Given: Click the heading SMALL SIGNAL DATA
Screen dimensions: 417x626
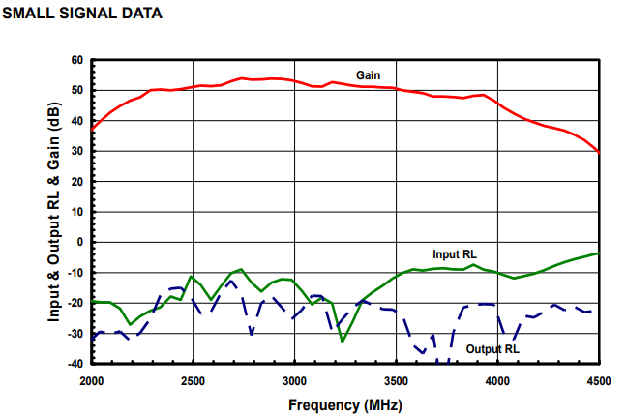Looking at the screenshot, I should point(82,14).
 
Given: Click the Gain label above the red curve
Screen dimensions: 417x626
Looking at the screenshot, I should point(368,74).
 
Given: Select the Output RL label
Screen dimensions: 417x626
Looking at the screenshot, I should point(492,348).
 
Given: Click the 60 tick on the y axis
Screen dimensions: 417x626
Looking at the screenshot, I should point(77,60).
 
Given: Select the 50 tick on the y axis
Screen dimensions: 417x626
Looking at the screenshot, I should point(77,90).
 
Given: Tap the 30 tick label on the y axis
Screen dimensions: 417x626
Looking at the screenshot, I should point(77,151).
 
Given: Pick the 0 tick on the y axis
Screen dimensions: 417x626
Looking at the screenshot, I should point(80,242).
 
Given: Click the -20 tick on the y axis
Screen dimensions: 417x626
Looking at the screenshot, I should point(75,303).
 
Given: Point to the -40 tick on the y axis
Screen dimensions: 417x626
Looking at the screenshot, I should point(75,364).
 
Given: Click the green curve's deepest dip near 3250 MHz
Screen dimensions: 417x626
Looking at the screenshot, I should point(343,341).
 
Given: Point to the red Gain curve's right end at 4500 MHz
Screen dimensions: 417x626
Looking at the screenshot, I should point(599,152).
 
